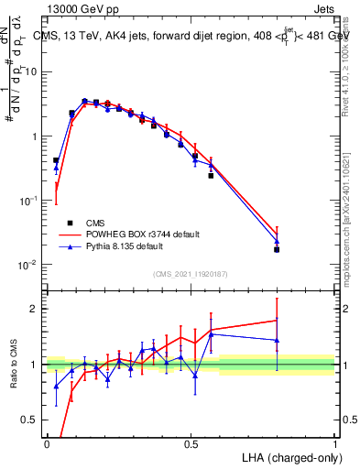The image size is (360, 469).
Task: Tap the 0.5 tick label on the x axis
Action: (x=191, y=443)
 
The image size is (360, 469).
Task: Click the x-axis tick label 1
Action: (x=334, y=443)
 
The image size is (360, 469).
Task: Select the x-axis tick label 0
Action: (x=47, y=443)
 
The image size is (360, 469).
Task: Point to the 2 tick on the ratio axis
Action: (x=36, y=309)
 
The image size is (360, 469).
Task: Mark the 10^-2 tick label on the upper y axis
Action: (x=29, y=265)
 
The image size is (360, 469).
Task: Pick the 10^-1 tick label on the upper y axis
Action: (x=29, y=201)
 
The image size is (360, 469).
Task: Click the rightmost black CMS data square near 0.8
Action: (x=277, y=249)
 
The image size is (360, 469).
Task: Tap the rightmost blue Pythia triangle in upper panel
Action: (x=277, y=242)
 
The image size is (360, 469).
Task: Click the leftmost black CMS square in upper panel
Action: (x=56, y=160)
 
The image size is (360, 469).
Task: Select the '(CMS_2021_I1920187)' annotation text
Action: (x=191, y=273)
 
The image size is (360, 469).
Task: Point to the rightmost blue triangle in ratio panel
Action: (x=277, y=340)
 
